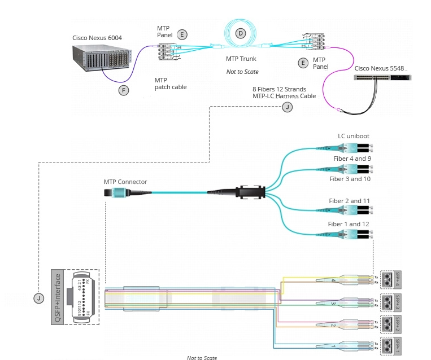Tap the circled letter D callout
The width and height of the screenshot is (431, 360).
(x=241, y=34)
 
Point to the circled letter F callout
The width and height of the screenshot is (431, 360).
(x=124, y=90)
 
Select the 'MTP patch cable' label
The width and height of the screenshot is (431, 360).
(x=171, y=84)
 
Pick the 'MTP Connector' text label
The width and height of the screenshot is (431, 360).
(x=125, y=182)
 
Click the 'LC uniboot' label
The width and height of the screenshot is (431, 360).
(x=354, y=137)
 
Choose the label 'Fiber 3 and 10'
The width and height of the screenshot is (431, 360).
(x=350, y=179)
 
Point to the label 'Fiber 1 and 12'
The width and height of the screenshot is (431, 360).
(x=350, y=224)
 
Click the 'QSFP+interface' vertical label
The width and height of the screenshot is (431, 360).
(x=57, y=297)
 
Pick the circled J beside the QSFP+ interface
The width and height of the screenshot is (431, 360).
(x=38, y=297)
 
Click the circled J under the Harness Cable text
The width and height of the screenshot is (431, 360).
(x=288, y=107)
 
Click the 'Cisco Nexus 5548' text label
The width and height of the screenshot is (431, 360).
(x=379, y=68)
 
